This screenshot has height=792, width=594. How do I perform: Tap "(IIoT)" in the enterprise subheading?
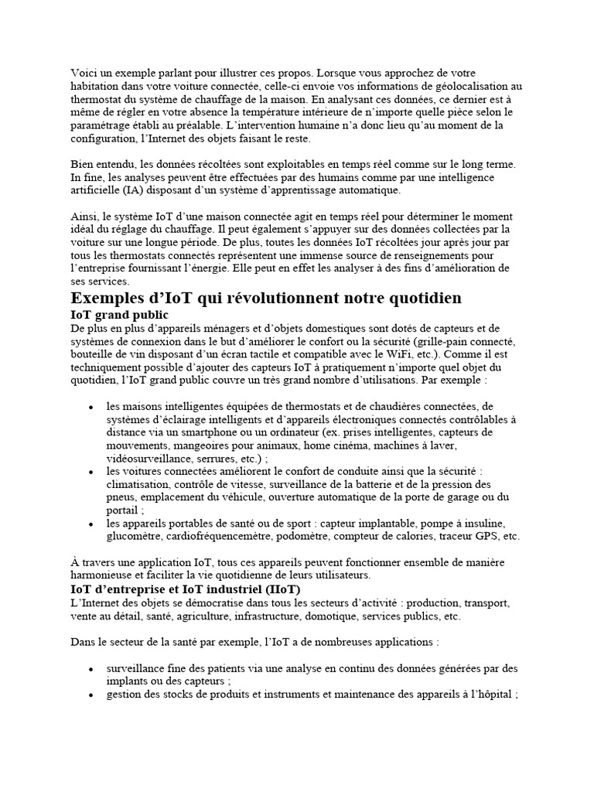(x=281, y=589)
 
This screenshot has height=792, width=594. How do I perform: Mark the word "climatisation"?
(x=139, y=484)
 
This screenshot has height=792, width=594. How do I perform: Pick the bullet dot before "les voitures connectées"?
(x=91, y=471)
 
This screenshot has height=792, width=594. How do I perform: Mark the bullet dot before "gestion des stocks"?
(x=91, y=695)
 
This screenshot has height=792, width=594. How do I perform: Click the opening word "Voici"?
(x=84, y=73)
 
